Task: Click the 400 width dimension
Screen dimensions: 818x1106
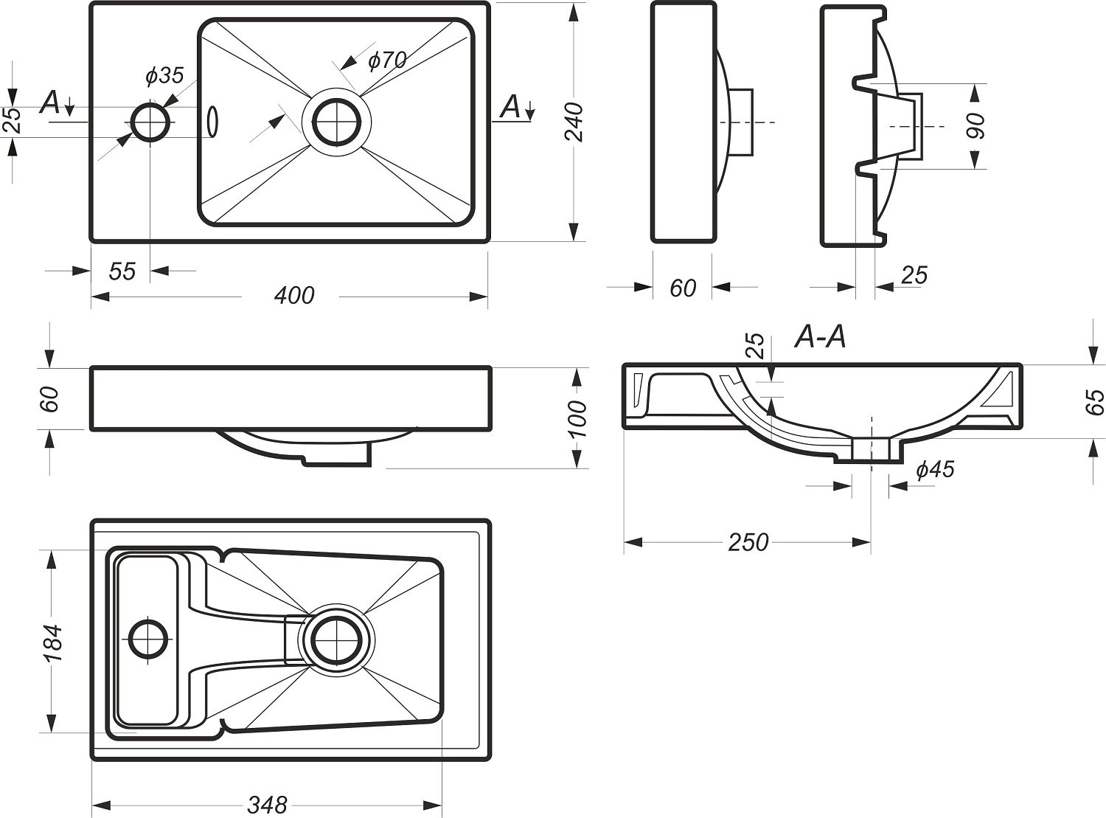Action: click(x=293, y=295)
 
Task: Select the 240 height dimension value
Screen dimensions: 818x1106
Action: click(x=574, y=122)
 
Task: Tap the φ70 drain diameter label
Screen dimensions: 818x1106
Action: click(x=387, y=60)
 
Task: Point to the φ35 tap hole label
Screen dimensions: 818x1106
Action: click(x=164, y=75)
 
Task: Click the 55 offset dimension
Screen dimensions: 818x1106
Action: click(x=122, y=271)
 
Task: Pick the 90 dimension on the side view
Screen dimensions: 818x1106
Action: click(x=975, y=126)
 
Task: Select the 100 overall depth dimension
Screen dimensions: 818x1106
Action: click(x=579, y=418)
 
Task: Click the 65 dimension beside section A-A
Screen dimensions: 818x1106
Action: click(x=1096, y=402)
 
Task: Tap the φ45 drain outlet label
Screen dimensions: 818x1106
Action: click(x=934, y=470)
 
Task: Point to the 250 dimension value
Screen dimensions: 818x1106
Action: click(x=748, y=542)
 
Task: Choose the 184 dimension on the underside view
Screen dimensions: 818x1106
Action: click(x=52, y=642)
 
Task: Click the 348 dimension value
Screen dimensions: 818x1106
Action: click(x=267, y=804)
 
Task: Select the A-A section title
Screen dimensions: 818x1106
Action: click(x=820, y=337)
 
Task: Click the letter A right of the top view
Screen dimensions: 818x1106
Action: click(x=510, y=107)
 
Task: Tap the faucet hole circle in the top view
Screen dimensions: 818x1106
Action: click(x=150, y=122)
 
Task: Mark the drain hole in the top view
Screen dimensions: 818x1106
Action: click(x=337, y=122)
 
